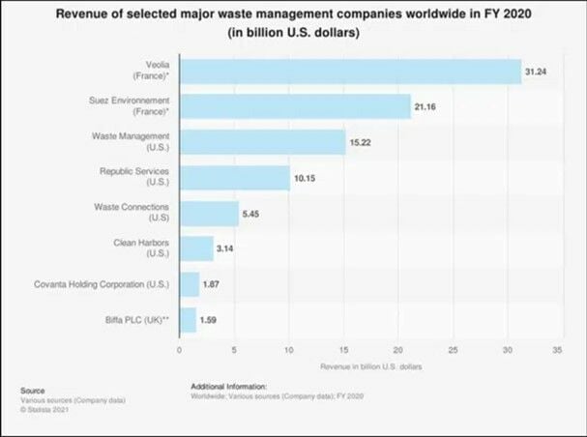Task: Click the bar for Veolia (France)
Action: (350, 72)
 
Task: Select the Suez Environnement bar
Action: (295, 106)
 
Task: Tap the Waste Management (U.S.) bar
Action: (262, 142)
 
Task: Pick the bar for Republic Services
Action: (234, 177)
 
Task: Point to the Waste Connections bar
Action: (209, 213)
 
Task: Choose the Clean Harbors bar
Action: (196, 248)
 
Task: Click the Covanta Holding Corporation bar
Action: (190, 283)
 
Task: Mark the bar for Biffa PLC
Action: (188, 318)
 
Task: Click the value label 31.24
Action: (537, 73)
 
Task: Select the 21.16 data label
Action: (426, 107)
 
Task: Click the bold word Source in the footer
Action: (33, 391)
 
